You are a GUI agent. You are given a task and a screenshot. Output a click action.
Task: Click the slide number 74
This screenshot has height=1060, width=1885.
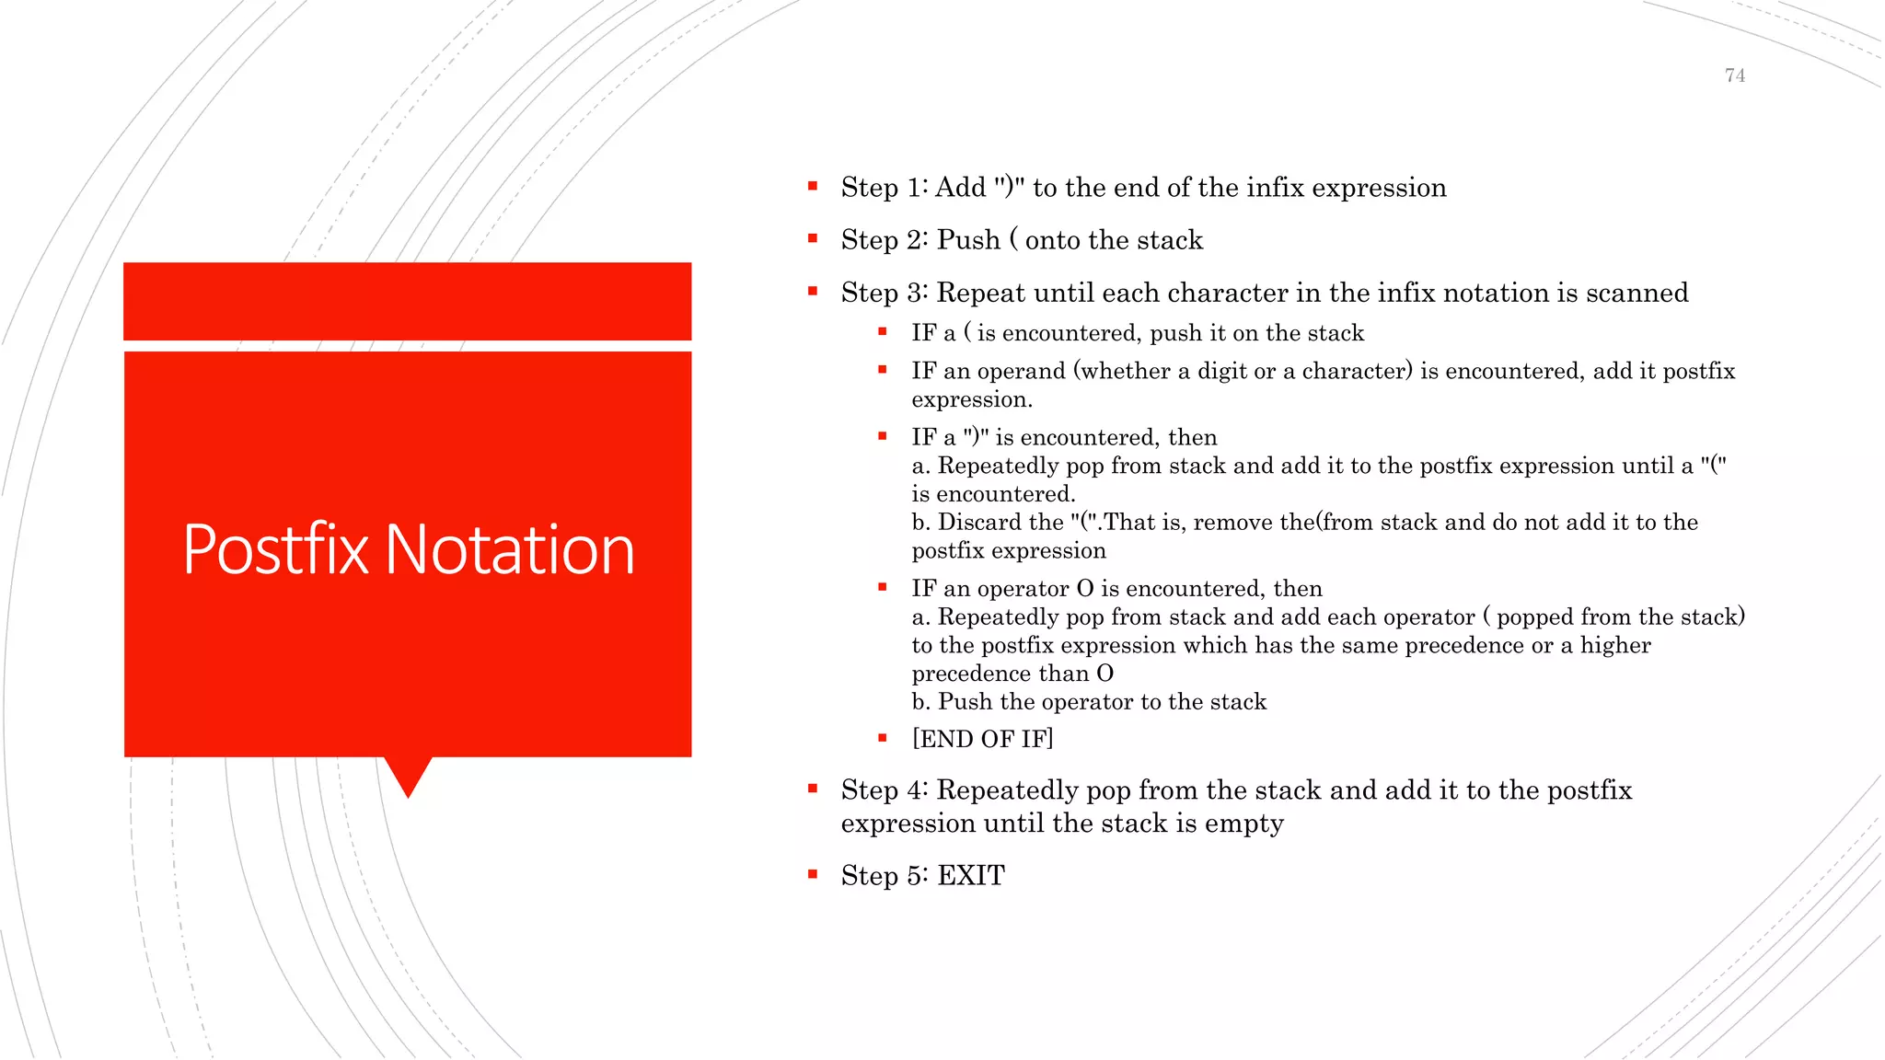click(x=1734, y=75)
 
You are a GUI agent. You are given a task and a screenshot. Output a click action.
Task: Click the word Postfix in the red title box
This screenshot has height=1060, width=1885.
click(x=274, y=550)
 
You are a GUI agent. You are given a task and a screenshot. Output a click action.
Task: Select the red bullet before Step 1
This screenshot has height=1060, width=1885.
click(x=813, y=186)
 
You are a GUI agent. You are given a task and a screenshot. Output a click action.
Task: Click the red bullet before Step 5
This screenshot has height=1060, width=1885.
click(x=813, y=874)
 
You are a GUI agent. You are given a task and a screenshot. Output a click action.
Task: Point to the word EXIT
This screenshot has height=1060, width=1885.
click(x=970, y=875)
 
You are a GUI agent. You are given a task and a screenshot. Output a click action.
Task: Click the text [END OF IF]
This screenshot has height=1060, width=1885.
click(x=982, y=739)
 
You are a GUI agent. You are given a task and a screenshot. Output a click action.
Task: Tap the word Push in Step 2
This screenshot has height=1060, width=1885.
click(x=968, y=240)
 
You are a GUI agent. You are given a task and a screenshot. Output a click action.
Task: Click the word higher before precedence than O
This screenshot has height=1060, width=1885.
click(x=1615, y=645)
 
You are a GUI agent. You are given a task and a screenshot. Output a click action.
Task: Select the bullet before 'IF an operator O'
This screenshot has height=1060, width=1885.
click(x=883, y=587)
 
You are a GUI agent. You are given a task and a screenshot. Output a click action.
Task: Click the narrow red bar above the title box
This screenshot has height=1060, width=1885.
click(x=407, y=301)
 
